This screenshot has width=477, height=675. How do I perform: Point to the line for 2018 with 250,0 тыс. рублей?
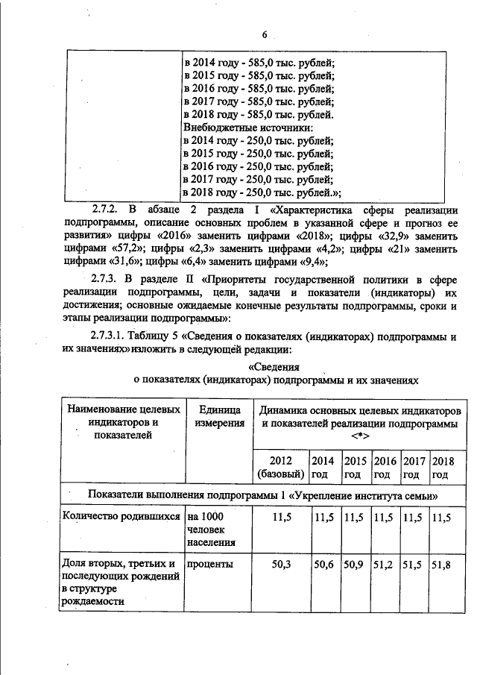tap(262, 192)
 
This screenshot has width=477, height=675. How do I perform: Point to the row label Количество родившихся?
tap(123, 516)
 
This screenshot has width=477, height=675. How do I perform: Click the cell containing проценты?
tap(211, 565)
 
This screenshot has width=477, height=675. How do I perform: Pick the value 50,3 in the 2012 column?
tap(281, 565)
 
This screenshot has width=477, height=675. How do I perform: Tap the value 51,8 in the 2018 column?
tap(442, 565)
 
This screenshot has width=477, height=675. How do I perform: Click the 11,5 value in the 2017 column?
tap(414, 516)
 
